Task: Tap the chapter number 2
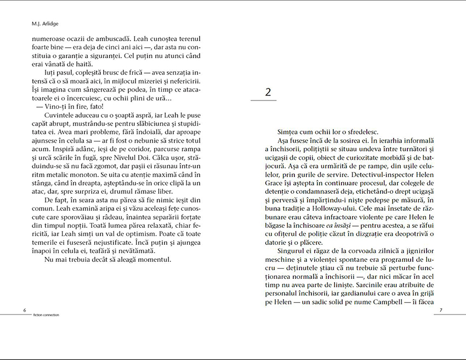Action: point(268,92)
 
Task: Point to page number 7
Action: point(441,310)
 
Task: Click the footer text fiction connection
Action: point(46,315)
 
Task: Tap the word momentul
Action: point(155,259)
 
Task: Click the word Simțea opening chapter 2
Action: point(291,132)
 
